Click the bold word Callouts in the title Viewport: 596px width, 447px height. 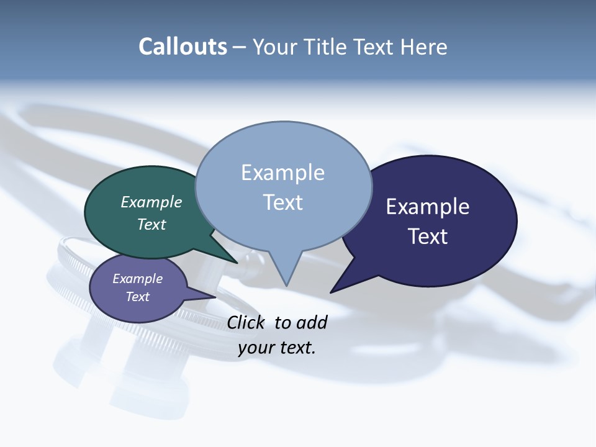pyautogui.click(x=183, y=47)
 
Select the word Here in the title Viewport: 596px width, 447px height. pyautogui.click(x=424, y=47)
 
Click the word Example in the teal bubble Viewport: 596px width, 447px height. pyautogui.click(x=151, y=202)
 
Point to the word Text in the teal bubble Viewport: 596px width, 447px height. pyautogui.click(x=151, y=224)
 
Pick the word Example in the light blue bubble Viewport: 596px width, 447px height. pyautogui.click(x=282, y=173)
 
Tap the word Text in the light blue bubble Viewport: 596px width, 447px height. pyautogui.click(x=283, y=202)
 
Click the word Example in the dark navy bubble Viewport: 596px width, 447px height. pyautogui.click(x=428, y=207)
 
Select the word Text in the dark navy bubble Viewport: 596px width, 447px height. pyautogui.click(x=428, y=237)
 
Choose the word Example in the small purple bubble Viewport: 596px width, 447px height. pyautogui.click(x=138, y=279)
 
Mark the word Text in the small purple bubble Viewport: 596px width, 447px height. pyautogui.click(x=138, y=297)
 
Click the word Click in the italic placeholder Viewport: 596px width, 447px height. pyautogui.click(x=245, y=322)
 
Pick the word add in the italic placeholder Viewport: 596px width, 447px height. pyautogui.click(x=311, y=322)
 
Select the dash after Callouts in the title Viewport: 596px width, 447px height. pyautogui.click(x=240, y=47)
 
